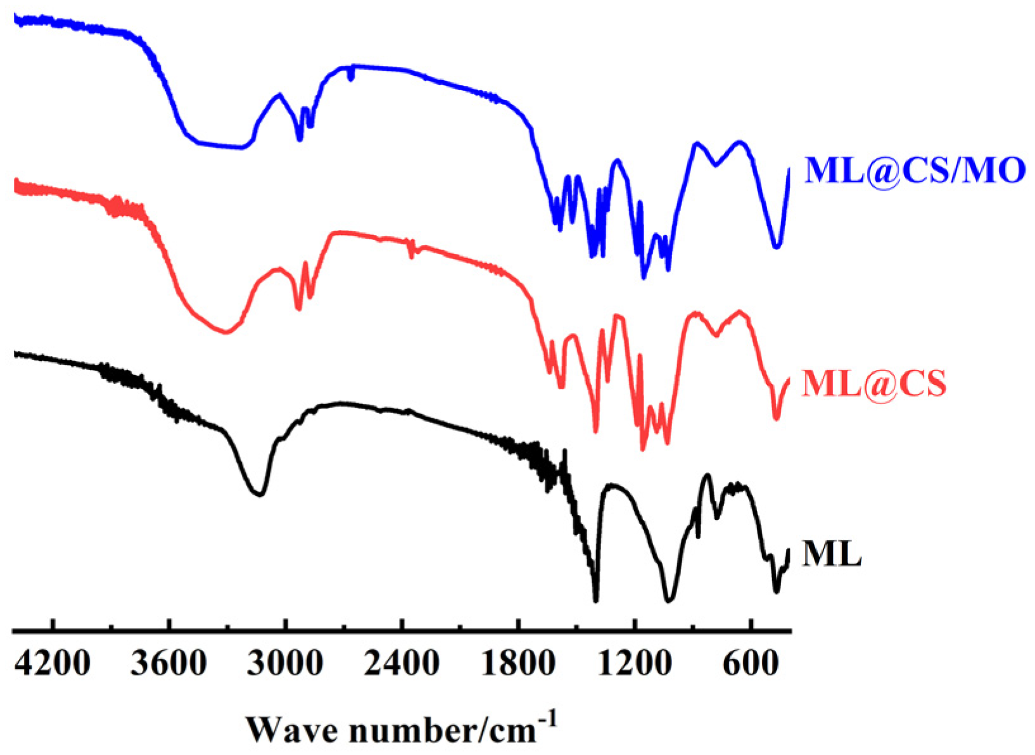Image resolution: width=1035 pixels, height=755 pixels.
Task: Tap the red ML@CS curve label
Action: pyautogui.click(x=873, y=383)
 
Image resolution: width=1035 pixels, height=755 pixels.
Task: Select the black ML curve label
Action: pyautogui.click(x=831, y=554)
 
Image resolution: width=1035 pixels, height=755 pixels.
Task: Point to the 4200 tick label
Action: pyautogui.click(x=53, y=663)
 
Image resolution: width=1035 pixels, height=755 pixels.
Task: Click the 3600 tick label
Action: pyautogui.click(x=168, y=663)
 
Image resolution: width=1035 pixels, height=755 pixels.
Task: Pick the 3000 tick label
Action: pyautogui.click(x=285, y=663)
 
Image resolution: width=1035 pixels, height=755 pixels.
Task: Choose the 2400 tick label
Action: pyautogui.click(x=402, y=663)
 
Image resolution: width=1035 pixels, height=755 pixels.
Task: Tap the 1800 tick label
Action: pyautogui.click(x=518, y=663)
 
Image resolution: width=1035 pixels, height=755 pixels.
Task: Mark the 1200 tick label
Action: pyautogui.click(x=634, y=663)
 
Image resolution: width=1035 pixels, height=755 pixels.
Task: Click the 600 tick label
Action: pyautogui.click(x=751, y=663)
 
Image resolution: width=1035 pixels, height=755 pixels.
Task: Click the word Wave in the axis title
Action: pyautogui.click(x=293, y=730)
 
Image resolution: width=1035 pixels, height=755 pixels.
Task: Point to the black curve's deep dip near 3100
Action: pyautogui.click(x=259, y=494)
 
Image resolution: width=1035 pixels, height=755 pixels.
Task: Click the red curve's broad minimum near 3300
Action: pyautogui.click(x=225, y=332)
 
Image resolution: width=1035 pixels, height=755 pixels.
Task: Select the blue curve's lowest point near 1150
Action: pyautogui.click(x=644, y=277)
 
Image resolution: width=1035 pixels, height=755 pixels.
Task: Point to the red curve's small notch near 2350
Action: pyautogui.click(x=412, y=255)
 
